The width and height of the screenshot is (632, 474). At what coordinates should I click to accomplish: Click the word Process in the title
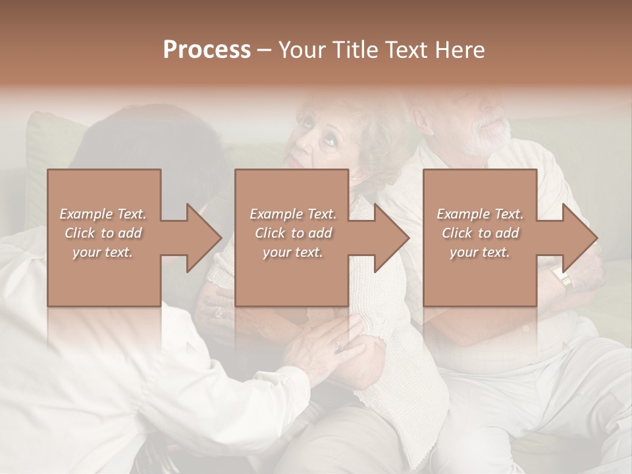click(207, 50)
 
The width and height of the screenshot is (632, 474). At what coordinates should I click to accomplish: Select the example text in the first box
click(103, 233)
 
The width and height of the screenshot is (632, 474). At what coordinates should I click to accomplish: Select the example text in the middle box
click(293, 233)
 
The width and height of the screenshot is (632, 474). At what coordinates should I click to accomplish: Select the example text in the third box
click(480, 233)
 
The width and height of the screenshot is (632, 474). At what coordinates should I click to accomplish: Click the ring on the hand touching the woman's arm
click(338, 344)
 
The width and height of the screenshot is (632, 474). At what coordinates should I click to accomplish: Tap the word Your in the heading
click(300, 50)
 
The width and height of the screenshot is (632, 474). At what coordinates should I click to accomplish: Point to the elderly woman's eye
click(327, 140)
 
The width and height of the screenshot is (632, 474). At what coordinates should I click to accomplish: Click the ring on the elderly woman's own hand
click(219, 312)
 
